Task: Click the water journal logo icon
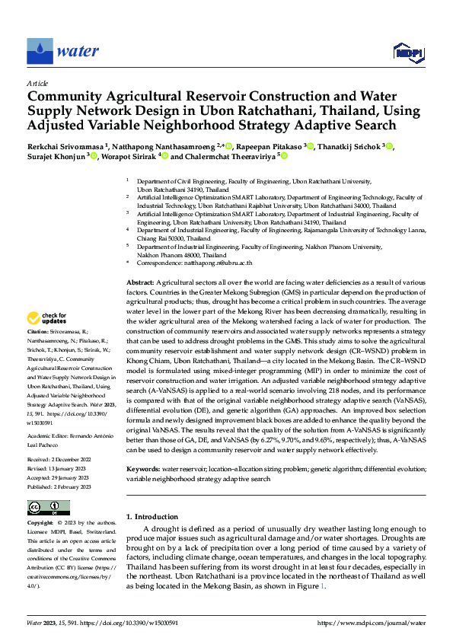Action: [40, 51]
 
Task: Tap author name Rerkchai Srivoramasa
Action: [65, 146]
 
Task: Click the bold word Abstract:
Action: [141, 282]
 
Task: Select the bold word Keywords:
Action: [143, 448]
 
